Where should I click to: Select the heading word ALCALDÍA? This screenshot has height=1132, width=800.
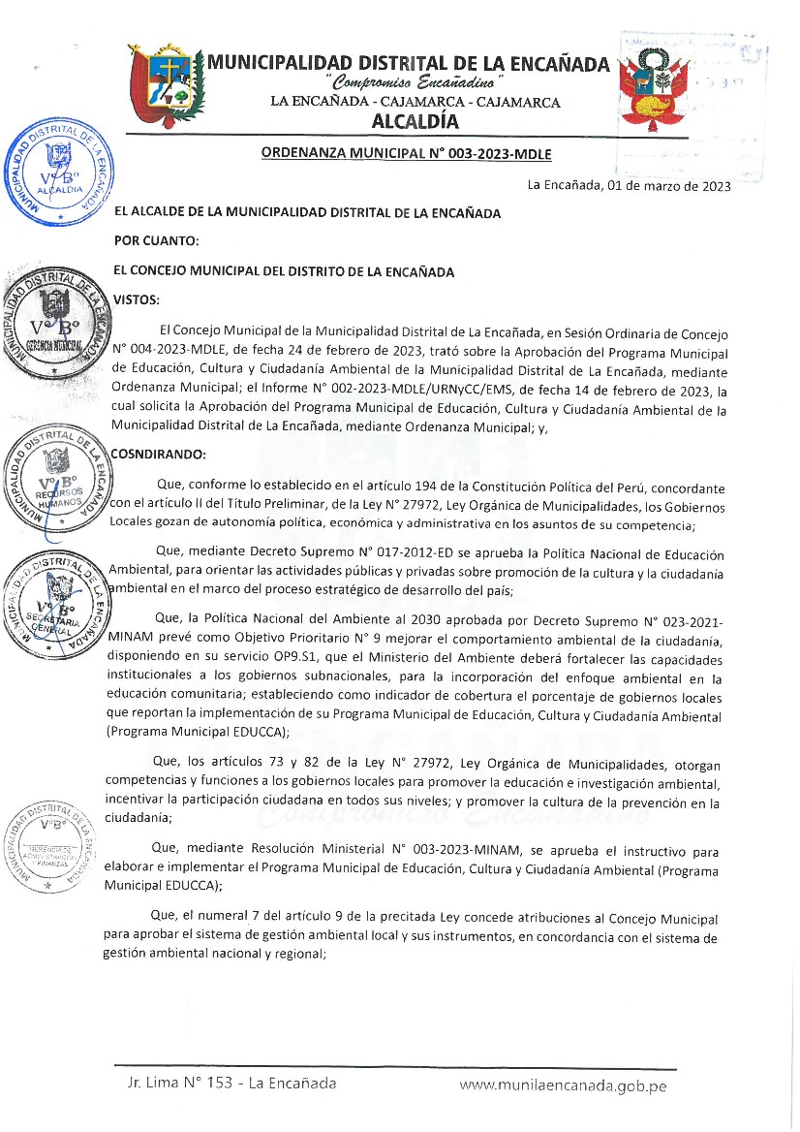[415, 122]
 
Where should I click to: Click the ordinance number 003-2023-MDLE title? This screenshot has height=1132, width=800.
[406, 153]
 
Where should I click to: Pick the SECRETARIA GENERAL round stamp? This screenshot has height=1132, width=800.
[56, 598]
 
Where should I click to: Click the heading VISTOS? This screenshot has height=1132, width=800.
[137, 299]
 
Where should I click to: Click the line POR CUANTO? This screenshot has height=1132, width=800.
[156, 240]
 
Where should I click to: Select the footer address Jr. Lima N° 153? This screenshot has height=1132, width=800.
[180, 1084]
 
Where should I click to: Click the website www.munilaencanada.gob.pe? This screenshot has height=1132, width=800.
[563, 1085]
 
